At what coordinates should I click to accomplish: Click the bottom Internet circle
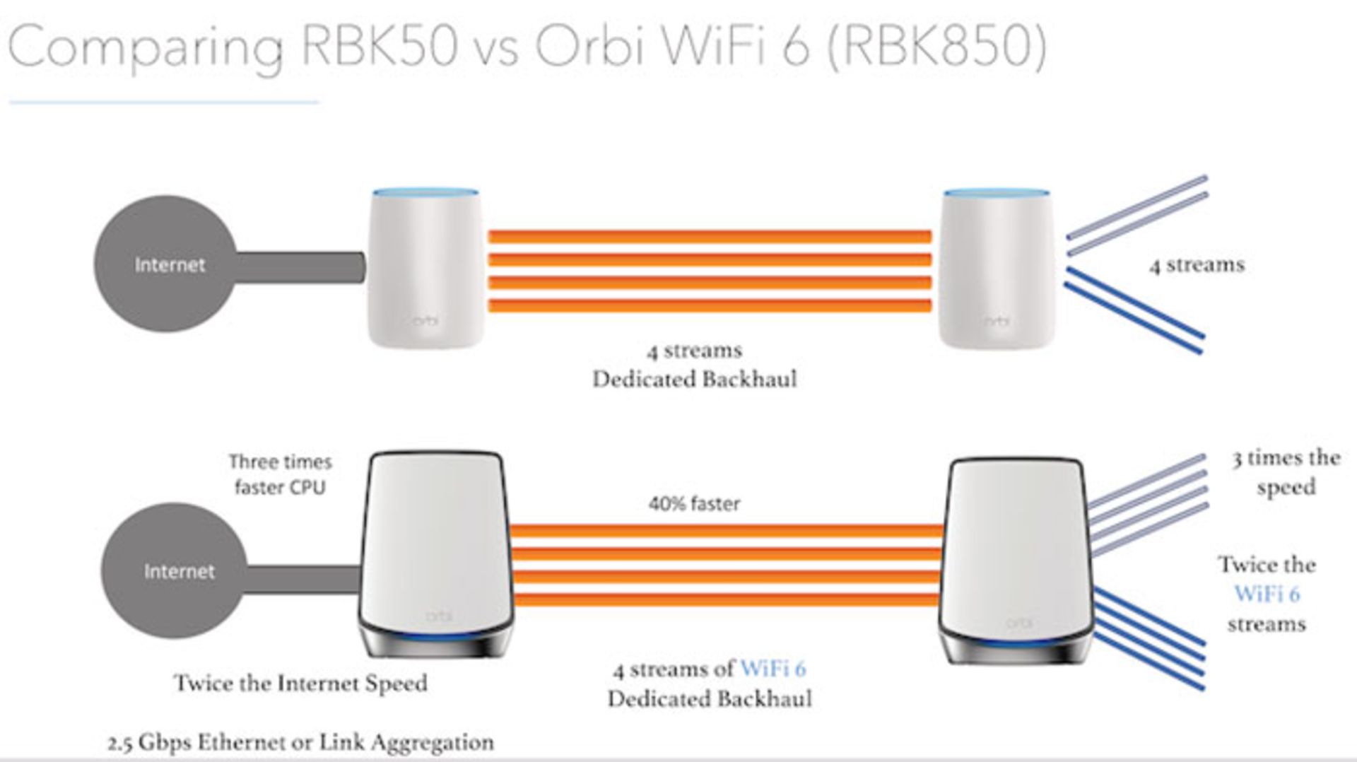click(174, 570)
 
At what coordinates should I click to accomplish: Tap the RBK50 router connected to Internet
click(426, 269)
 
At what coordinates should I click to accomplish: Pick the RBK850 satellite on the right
click(1014, 558)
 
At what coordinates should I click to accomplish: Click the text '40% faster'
click(694, 504)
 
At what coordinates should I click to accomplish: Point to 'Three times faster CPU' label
click(280, 474)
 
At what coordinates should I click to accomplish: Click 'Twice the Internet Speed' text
click(300, 684)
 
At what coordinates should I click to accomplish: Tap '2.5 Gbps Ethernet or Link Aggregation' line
click(300, 743)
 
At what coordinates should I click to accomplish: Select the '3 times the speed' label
click(1286, 472)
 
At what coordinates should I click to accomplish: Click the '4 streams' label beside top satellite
click(1197, 265)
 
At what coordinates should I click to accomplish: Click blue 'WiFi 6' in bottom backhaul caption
click(773, 669)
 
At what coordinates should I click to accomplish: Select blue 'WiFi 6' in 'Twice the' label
click(1267, 594)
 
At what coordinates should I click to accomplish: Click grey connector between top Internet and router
click(297, 267)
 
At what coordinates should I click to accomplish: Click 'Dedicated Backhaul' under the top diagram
click(694, 380)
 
